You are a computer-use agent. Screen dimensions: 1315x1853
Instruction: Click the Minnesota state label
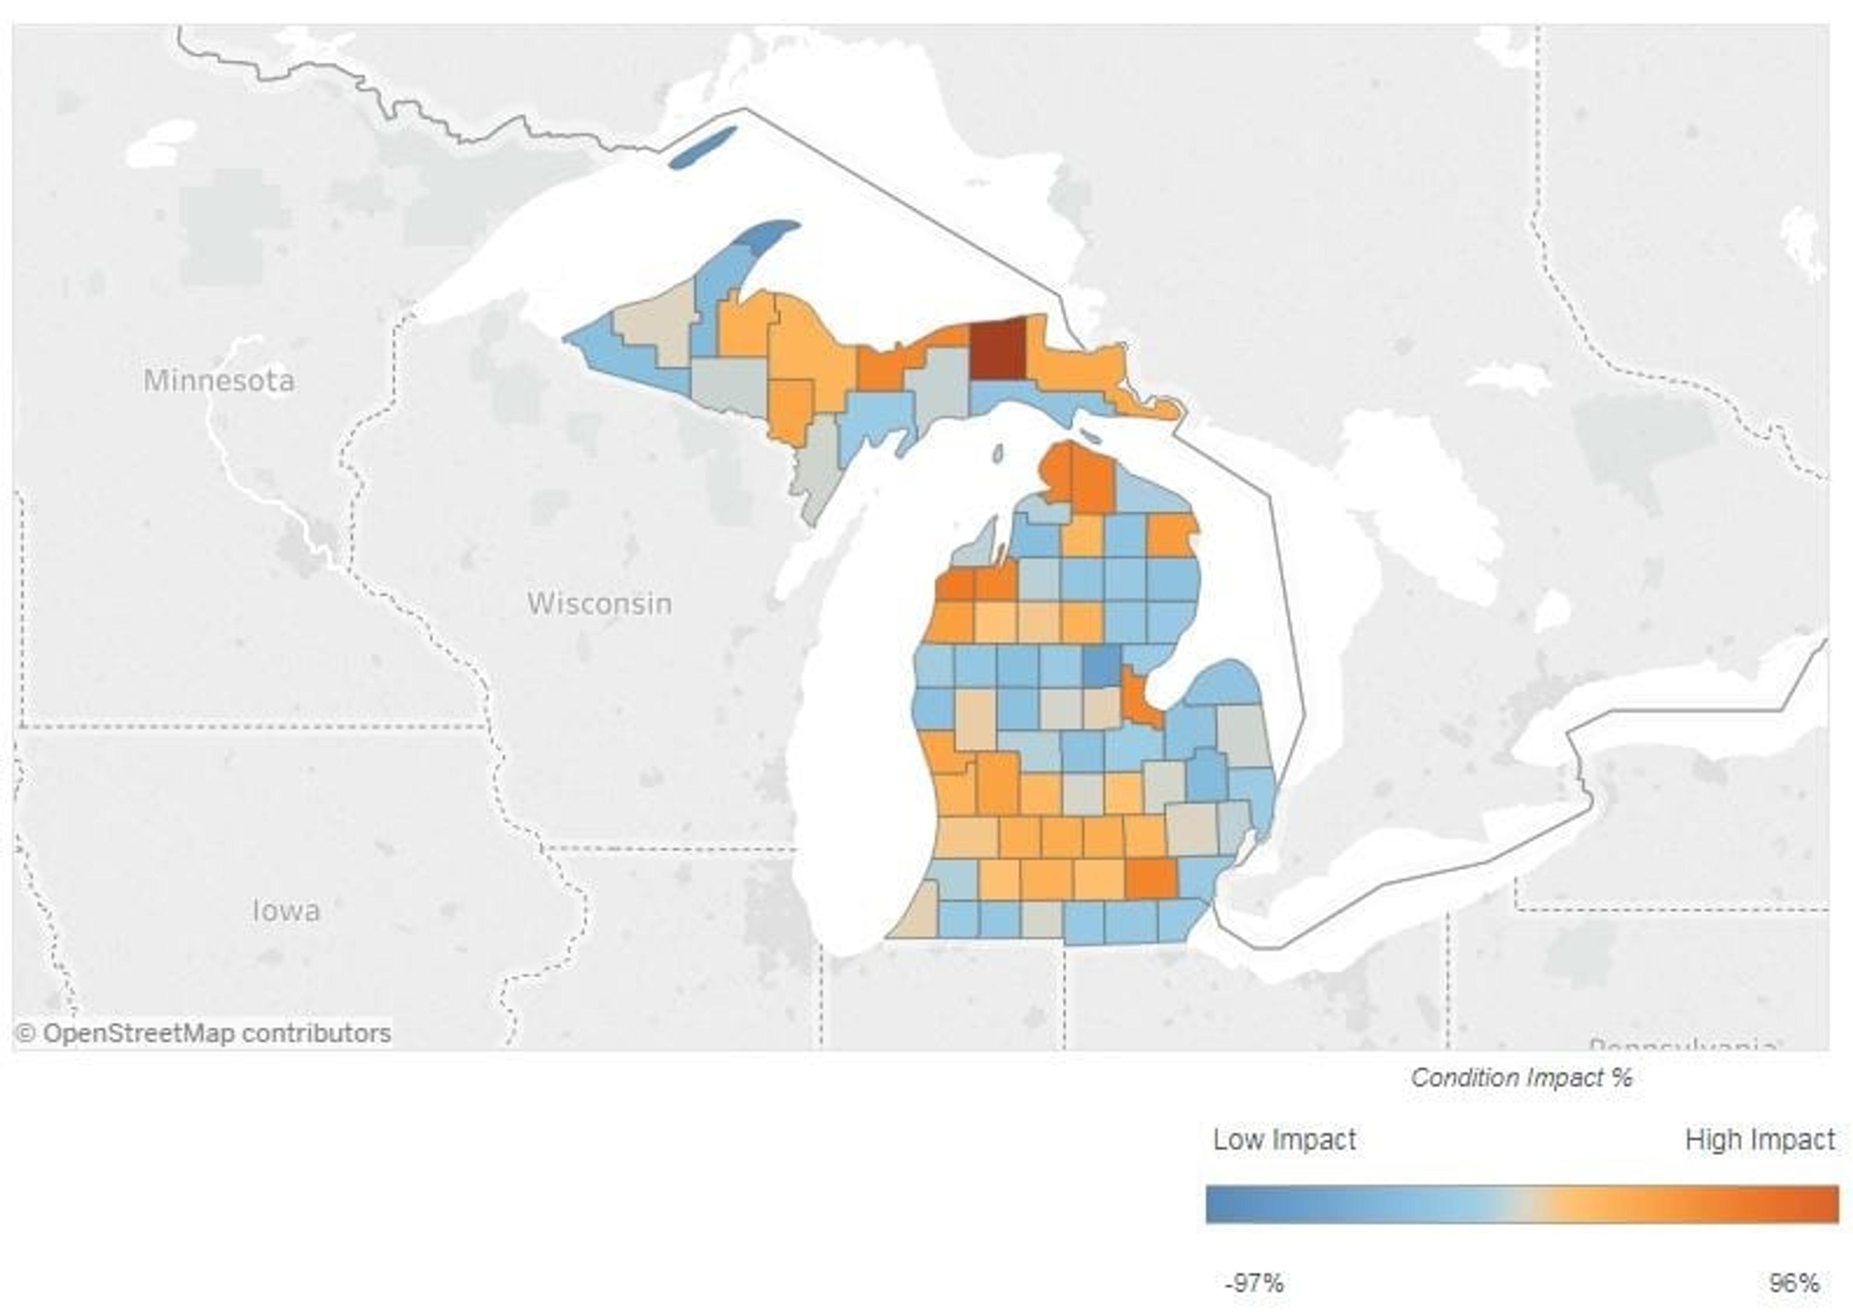pos(219,381)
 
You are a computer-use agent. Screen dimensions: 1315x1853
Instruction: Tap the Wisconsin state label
pos(599,603)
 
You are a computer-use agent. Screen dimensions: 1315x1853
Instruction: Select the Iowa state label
pos(286,911)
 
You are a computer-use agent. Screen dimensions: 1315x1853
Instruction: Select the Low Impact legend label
pos(1284,1139)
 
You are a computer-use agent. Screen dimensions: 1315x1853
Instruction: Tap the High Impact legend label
pos(1760,1139)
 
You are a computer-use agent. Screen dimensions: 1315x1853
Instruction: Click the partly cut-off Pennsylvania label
pos(1681,1045)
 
